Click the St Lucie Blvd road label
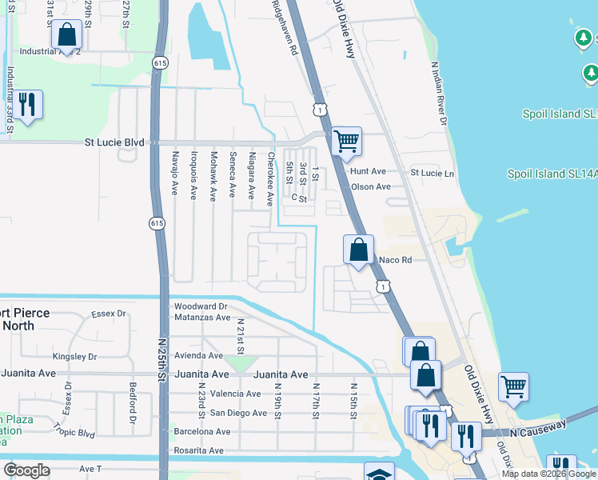click(114, 142)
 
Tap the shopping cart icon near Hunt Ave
click(346, 142)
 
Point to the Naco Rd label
click(395, 260)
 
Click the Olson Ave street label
click(371, 187)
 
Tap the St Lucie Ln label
click(432, 173)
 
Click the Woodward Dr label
click(201, 306)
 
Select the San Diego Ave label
click(238, 413)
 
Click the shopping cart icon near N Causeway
click(513, 386)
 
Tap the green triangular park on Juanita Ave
click(237, 364)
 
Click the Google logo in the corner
click(26, 470)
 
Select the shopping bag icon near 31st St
click(66, 34)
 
